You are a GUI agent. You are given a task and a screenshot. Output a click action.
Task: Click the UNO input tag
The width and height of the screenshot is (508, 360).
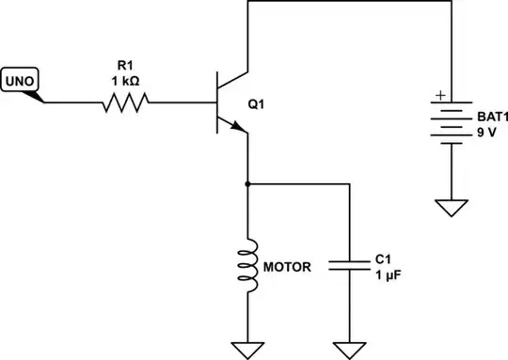coord(21,82)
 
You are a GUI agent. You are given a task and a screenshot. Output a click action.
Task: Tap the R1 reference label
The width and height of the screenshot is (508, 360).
coord(125,64)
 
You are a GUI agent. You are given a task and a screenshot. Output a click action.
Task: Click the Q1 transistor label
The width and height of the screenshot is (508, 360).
coord(256,103)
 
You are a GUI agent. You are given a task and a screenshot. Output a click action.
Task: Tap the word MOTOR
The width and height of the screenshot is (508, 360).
coord(286,266)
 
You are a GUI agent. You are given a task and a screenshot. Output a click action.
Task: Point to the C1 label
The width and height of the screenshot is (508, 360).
coord(383,258)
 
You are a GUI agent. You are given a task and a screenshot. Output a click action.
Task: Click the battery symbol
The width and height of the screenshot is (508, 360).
coord(452,120)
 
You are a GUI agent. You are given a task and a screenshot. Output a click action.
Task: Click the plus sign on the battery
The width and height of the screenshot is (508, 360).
coord(437,96)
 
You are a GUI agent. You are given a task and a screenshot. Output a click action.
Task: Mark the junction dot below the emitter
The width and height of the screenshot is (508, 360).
coord(248,183)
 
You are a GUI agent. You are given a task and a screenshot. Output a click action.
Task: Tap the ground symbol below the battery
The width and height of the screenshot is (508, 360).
coord(452,206)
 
